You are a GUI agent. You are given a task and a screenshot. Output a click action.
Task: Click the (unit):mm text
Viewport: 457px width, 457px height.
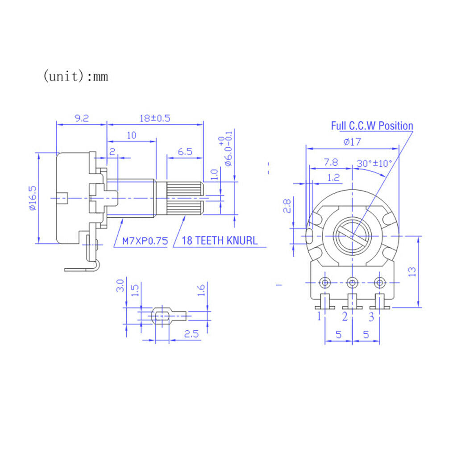[x=76, y=76]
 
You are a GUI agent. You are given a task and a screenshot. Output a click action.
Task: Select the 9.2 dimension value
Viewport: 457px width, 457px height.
[x=82, y=118]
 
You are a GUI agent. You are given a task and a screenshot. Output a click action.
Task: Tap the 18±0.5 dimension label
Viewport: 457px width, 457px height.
[x=155, y=118]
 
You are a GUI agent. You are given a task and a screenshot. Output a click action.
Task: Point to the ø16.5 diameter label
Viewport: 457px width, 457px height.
[x=33, y=198]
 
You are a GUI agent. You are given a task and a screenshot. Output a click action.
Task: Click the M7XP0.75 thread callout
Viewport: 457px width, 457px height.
[x=145, y=241]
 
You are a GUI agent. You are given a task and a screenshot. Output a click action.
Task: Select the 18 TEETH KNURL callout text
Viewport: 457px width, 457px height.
[x=220, y=241]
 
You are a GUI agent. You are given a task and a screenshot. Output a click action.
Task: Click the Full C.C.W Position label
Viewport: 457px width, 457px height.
[x=372, y=126]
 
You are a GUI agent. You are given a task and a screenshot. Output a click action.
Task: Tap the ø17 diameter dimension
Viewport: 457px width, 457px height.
[x=353, y=142]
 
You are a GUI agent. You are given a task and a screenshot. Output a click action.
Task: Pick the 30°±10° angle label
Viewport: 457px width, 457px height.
[x=374, y=163]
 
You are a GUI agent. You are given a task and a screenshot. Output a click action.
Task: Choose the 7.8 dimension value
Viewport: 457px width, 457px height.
[x=331, y=162]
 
